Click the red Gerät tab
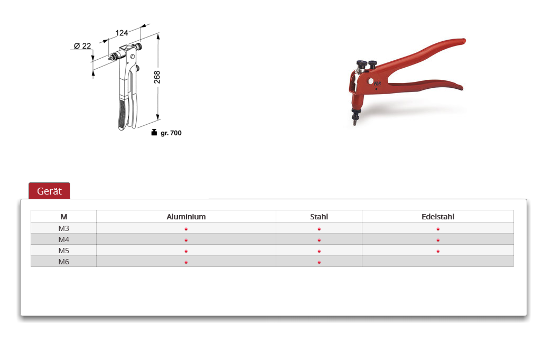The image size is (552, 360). tap(49, 191)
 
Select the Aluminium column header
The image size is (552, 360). tap(186, 217)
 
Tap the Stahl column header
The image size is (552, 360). tap(319, 217)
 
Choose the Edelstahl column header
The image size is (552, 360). tap(437, 217)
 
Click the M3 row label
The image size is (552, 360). tap(64, 228)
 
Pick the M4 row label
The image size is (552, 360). tap(64, 239)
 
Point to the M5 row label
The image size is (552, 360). tap(64, 251)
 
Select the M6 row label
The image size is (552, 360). tap(64, 262)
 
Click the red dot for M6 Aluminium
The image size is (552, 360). tap(186, 262)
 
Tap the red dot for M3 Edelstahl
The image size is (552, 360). tap(438, 229)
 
